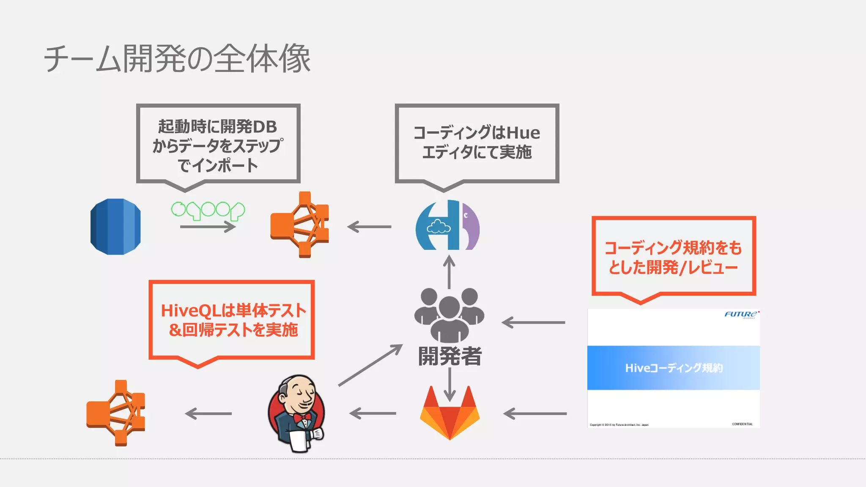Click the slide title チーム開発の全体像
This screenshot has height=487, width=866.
178,59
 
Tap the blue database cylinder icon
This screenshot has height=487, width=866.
115,227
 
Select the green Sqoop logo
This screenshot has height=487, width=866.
208,210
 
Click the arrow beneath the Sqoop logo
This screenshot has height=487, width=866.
208,227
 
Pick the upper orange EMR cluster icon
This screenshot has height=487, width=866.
300,224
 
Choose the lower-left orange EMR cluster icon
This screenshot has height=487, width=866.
116,413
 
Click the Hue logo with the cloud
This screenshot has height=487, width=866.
447,225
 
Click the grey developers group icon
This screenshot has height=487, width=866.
449,315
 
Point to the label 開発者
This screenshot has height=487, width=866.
449,356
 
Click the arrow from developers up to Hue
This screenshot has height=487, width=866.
449,272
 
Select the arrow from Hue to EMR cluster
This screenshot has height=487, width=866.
369,227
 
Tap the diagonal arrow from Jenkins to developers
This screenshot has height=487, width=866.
370,365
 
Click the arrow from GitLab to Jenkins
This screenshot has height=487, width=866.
373,413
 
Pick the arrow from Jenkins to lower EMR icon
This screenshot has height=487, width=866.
208,413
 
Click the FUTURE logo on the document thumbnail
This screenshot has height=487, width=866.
741,314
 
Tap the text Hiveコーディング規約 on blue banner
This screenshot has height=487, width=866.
674,368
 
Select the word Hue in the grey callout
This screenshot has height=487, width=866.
523,133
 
